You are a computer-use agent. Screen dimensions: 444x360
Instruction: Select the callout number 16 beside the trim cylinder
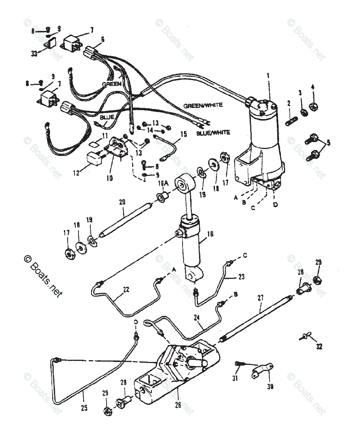point(210,234)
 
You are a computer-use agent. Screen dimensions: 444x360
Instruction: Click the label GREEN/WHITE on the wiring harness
point(203,105)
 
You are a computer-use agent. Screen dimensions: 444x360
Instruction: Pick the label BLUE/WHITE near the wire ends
point(213,132)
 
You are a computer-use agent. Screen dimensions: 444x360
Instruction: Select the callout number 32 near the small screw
point(319,347)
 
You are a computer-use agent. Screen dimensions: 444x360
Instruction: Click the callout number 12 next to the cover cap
point(77,173)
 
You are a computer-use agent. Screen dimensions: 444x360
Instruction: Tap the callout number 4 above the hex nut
point(313,87)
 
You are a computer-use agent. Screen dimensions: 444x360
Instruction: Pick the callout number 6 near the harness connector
point(103,39)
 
